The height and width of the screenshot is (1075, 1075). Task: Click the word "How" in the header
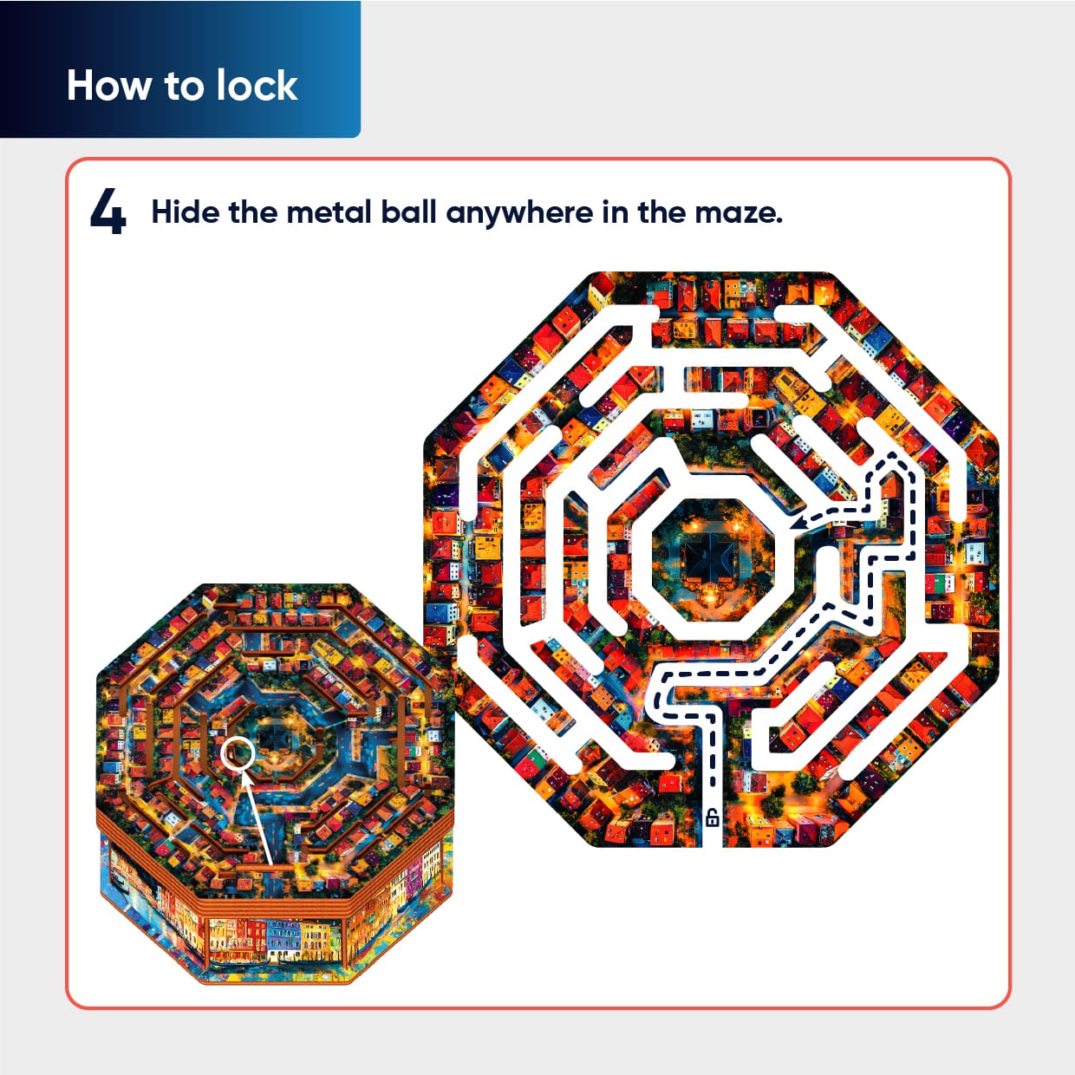tap(108, 86)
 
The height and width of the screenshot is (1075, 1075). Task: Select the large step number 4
tap(107, 212)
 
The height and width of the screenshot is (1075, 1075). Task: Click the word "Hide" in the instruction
tap(185, 212)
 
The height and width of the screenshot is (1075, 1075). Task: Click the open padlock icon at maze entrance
tap(712, 818)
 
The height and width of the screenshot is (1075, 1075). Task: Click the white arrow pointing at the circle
tap(257, 817)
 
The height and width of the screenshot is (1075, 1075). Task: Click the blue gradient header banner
tap(180, 68)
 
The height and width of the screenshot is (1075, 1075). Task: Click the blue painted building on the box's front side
tap(284, 941)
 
